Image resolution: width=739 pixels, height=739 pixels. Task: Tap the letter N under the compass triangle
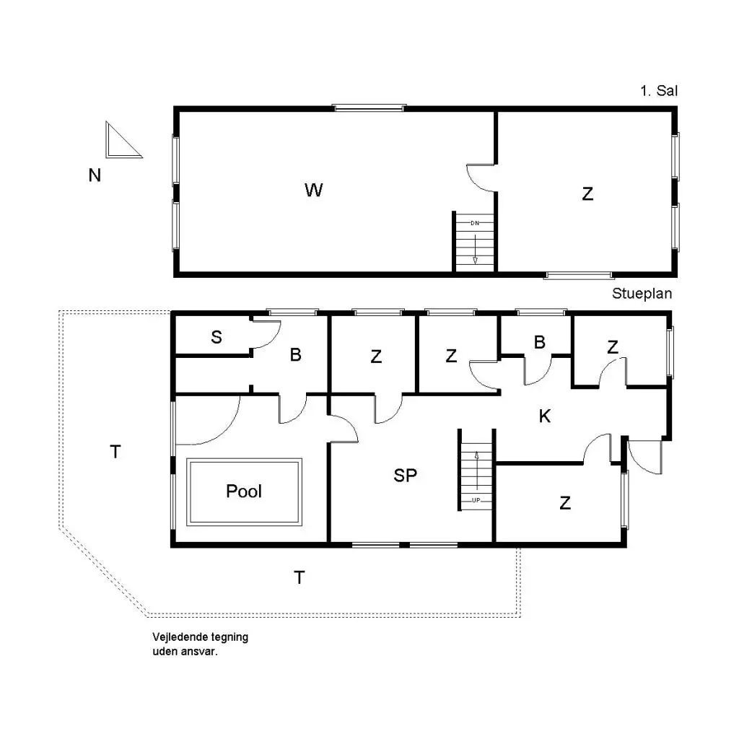coord(95,175)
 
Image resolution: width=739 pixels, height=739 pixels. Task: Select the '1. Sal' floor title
coord(659,90)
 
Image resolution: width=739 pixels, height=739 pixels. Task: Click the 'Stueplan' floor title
coord(642,293)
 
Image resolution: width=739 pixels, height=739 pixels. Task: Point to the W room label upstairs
coord(314,190)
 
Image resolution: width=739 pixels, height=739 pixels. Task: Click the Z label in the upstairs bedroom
coord(587,193)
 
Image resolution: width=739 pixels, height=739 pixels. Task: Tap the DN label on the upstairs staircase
coord(475,223)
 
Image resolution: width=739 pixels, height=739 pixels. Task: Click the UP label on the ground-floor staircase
coord(476,500)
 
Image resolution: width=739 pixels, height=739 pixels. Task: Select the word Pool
coord(244,491)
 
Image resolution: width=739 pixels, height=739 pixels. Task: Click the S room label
coord(217,337)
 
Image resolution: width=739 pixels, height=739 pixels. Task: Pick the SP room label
coord(406,475)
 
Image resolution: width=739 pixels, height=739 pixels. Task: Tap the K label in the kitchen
coord(545,416)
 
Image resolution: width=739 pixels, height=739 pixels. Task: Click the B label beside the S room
coord(295,354)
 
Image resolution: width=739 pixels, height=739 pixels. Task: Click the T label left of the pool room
coord(115,452)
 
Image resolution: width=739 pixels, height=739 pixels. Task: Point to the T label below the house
coord(299,577)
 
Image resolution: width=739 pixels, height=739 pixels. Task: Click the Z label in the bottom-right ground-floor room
coord(565,503)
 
